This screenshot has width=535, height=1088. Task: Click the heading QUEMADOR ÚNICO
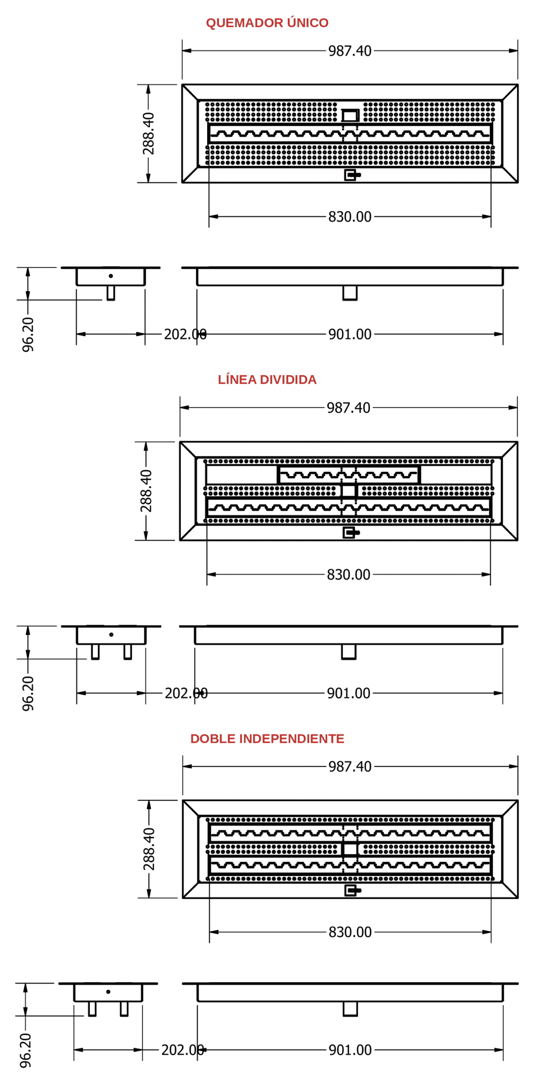click(267, 23)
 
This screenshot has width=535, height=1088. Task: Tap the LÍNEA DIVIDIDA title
click(267, 380)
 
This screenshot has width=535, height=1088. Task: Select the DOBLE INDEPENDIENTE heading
click(267, 738)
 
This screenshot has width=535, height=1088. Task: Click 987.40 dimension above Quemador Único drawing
click(350, 51)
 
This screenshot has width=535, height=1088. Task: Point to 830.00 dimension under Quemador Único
click(350, 217)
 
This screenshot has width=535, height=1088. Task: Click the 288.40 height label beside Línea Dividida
click(146, 491)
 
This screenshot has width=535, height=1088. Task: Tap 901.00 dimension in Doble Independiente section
click(350, 1050)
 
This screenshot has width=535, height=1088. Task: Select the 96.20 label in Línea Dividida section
click(28, 693)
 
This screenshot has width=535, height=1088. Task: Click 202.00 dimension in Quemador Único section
click(185, 334)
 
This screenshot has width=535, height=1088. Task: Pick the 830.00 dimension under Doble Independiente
click(350, 932)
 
